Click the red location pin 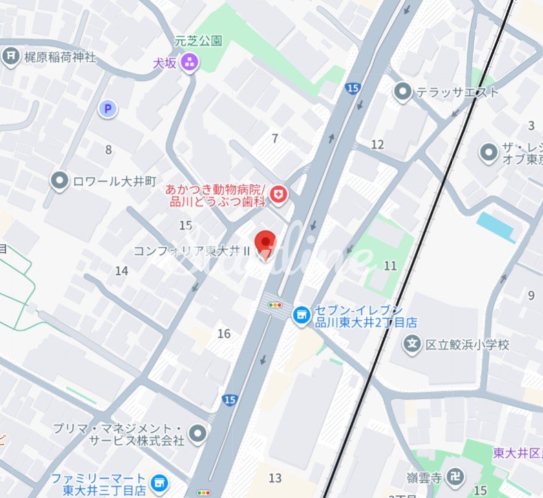tap(265, 243)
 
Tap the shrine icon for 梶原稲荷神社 tap(10, 56)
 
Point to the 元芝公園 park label tap(199, 41)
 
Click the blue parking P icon tap(107, 108)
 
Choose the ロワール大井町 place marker tap(61, 180)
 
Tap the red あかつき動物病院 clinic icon tap(279, 195)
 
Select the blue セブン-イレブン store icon tap(300, 315)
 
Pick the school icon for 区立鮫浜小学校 tap(412, 344)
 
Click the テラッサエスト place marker tap(403, 91)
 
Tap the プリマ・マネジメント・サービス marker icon tap(198, 433)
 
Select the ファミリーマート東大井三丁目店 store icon tap(160, 484)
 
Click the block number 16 tap(224, 334)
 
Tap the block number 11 tap(390, 266)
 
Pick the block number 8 tap(108, 149)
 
